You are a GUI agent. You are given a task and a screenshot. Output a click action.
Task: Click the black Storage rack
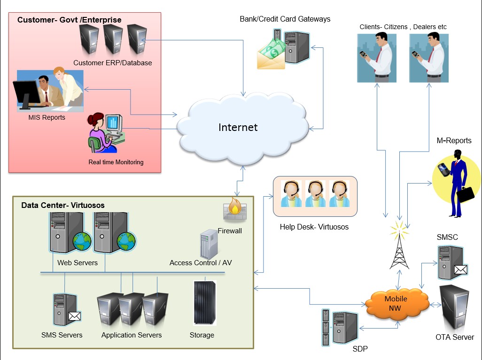(205, 303)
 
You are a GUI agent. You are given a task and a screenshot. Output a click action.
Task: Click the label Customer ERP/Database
(113, 62)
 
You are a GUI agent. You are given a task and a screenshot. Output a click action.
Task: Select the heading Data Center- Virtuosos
(63, 206)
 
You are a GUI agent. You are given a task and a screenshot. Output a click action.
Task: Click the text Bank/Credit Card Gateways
(285, 19)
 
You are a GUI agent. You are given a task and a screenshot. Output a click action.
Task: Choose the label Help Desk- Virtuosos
(314, 227)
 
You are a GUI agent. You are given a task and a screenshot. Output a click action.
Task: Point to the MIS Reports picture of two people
(50, 90)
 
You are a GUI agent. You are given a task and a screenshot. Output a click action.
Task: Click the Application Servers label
(132, 335)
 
